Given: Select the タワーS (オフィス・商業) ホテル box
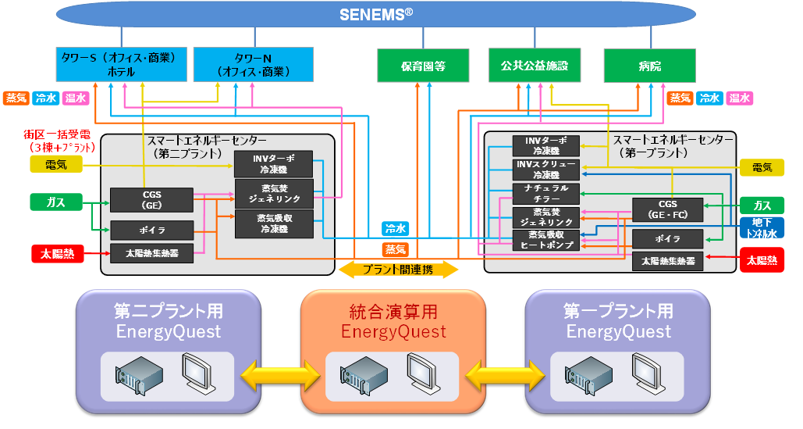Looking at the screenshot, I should pos(121,64).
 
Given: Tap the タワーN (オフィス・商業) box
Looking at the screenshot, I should pos(252,64).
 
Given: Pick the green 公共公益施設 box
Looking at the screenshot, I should pos(535,66).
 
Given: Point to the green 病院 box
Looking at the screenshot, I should pos(649,66).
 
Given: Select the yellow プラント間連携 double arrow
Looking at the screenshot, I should pos(399,270).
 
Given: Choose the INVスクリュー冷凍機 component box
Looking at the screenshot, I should pos(546,170).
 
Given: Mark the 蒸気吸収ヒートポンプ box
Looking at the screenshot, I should pos(546,239).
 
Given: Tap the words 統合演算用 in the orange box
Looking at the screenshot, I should pos(393,312).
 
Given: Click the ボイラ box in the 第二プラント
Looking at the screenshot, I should pos(151,230).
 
